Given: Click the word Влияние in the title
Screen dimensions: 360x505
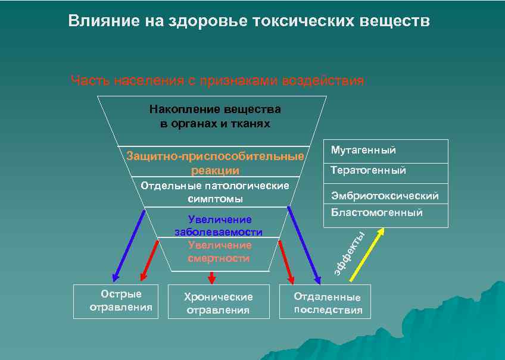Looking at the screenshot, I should (x=101, y=21).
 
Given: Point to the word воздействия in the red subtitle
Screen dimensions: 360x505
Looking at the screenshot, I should (x=322, y=80).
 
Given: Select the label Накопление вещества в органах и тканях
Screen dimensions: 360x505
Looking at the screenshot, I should (x=215, y=117).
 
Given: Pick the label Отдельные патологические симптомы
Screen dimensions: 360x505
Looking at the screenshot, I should (x=215, y=192).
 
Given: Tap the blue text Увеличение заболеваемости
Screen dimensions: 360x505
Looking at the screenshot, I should (x=219, y=226).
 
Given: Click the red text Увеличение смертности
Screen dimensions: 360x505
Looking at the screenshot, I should (x=219, y=252).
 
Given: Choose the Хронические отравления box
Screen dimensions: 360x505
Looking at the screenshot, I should (x=218, y=303).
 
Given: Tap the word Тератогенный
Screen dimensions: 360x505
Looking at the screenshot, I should (x=369, y=171).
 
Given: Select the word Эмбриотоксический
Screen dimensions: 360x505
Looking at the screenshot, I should (x=385, y=196).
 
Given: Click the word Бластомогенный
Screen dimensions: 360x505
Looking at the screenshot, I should (x=377, y=212).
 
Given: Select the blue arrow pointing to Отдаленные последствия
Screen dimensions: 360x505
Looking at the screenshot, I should (x=304, y=244).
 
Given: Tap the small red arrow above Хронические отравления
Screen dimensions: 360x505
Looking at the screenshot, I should (x=211, y=277).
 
